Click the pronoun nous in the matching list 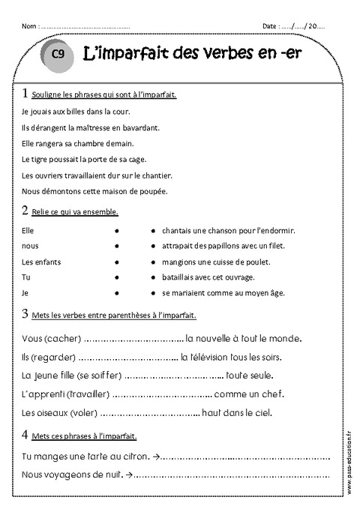point(31,245)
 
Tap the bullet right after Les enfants point(117,262)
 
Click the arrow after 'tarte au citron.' point(156,455)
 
